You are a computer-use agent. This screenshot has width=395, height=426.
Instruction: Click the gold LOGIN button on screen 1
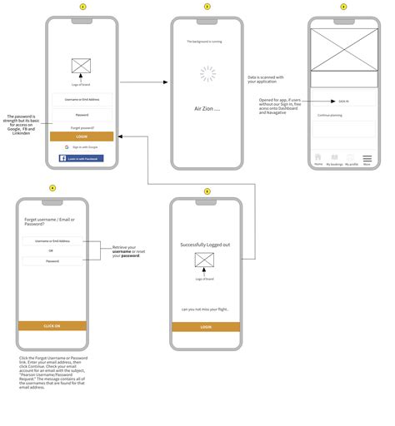[82, 136]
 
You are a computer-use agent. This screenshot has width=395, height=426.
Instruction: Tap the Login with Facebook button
[82, 158]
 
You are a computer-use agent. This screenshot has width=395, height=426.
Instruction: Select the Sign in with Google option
[82, 146]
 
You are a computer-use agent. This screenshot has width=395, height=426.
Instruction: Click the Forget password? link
[82, 127]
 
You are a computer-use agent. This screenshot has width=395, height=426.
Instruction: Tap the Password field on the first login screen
[82, 115]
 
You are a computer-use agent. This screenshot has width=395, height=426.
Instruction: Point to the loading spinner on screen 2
[207, 76]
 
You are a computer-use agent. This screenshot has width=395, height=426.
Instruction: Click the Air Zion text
[206, 109]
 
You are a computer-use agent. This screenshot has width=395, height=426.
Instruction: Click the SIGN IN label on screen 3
[343, 101]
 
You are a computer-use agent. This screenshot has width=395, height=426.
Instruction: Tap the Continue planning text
[331, 116]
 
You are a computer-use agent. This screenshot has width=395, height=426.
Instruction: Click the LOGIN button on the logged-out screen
[205, 327]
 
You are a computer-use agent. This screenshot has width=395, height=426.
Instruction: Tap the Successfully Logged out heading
[205, 245]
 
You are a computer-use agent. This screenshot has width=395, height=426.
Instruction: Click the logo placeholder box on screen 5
[205, 261]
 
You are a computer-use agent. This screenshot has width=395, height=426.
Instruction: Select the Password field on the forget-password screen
[52, 261]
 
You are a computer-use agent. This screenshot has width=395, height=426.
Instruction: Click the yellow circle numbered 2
[207, 7]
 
